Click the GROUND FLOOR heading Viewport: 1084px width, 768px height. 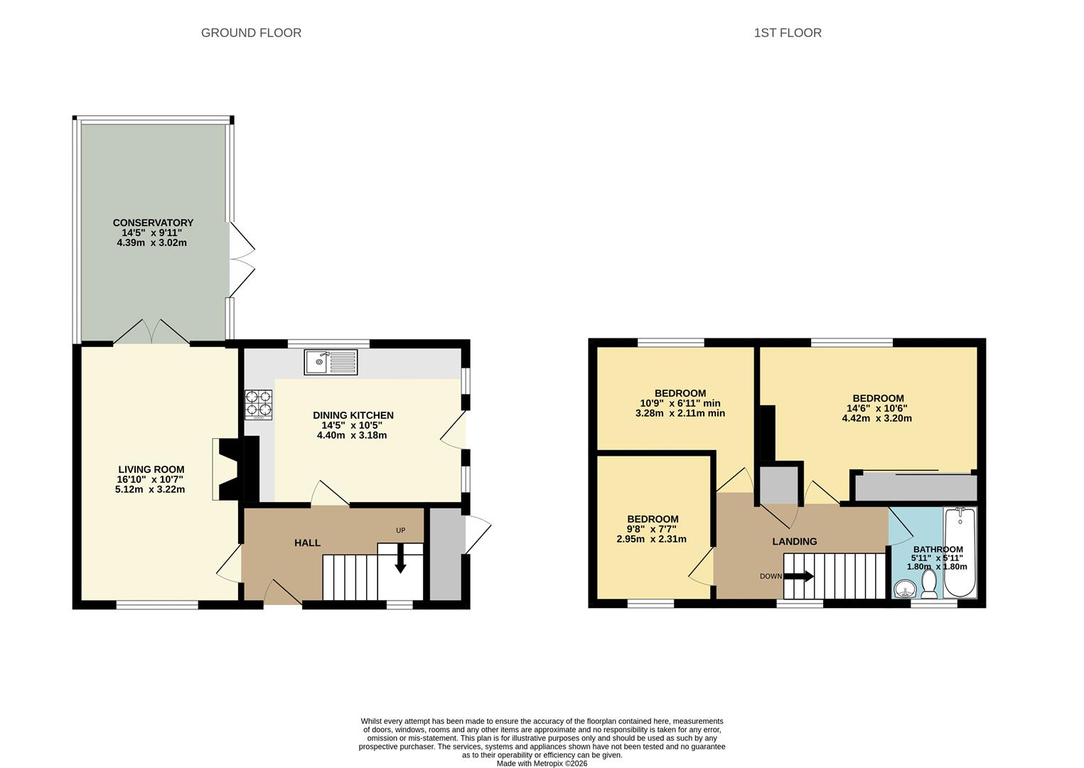(251, 33)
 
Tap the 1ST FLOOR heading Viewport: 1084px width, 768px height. (788, 33)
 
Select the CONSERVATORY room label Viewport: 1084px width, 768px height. (153, 223)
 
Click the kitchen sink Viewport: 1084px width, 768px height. (331, 362)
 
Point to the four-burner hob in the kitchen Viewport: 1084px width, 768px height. (259, 405)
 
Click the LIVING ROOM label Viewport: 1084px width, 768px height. (151, 469)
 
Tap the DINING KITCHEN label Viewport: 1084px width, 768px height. (353, 415)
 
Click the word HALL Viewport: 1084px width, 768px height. (307, 543)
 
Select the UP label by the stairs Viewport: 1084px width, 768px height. (401, 530)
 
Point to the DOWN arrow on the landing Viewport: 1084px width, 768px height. (799, 576)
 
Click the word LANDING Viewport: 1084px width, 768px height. (795, 541)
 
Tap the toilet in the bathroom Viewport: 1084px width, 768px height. (928, 584)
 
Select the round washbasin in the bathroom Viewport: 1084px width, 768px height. (905, 590)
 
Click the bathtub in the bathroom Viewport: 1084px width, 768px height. (960, 552)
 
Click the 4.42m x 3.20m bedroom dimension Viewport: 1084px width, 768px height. (877, 418)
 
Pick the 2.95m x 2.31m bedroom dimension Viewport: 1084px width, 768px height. (651, 539)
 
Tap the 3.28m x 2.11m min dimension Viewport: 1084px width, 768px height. (680, 414)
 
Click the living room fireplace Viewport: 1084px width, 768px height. (226, 469)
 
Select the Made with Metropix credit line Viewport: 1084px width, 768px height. (542, 764)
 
